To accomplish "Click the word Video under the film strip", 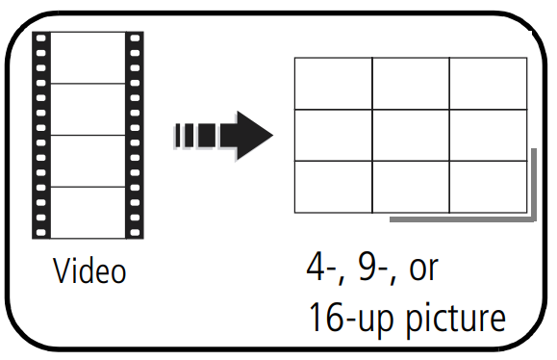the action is pyautogui.click(x=89, y=271).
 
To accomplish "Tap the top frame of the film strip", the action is pyautogui.click(x=89, y=57).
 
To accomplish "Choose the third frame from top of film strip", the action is pyautogui.click(x=89, y=160).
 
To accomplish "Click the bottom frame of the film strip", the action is pyautogui.click(x=89, y=211).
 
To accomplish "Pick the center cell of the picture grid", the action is pyautogui.click(x=411, y=135).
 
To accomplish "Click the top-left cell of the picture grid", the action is pyautogui.click(x=333, y=84).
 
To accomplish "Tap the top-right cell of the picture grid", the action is pyautogui.click(x=488, y=84).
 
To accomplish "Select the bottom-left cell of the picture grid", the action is pyautogui.click(x=333, y=186).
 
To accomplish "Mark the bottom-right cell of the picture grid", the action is pyautogui.click(x=488, y=186).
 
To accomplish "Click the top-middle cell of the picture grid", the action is pyautogui.click(x=411, y=84).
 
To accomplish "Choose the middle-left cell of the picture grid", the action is pyautogui.click(x=333, y=135).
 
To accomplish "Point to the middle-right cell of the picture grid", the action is pyautogui.click(x=488, y=135).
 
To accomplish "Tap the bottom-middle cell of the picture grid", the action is pyautogui.click(x=411, y=186).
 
